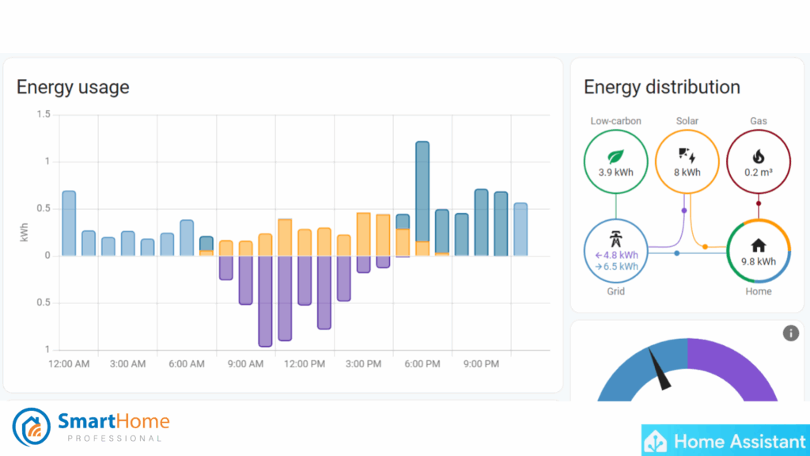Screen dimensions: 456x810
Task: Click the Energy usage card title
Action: tap(73, 87)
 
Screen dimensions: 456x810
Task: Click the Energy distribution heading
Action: tap(661, 87)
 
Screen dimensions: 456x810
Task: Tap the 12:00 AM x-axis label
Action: tap(69, 364)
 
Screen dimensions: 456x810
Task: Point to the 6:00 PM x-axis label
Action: tap(422, 364)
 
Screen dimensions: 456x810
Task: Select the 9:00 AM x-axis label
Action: tap(245, 364)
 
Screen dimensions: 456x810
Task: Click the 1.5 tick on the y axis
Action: tap(43, 115)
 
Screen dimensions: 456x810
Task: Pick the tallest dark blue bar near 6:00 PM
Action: tap(422, 190)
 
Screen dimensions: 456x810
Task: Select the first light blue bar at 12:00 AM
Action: tap(69, 223)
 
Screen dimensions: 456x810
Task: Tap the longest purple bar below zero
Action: tap(265, 301)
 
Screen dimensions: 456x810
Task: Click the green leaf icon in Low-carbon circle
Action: tap(615, 156)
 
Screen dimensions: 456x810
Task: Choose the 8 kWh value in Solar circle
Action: tap(687, 172)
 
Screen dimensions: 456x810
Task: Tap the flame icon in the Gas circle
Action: tap(758, 156)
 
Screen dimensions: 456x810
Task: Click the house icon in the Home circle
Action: tap(758, 245)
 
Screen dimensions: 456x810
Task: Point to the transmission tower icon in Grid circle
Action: tap(615, 239)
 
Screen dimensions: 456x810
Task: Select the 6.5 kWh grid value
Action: tap(619, 267)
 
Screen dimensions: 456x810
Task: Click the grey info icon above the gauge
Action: tap(790, 333)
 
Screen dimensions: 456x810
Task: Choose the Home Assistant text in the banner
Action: tap(737, 440)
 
